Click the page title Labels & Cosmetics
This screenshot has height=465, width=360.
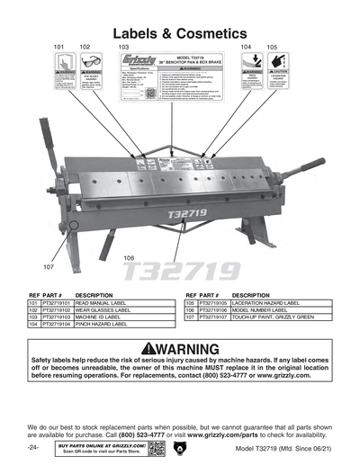(x=180, y=17)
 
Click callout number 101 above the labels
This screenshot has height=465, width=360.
(x=58, y=45)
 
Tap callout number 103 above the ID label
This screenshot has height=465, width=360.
(x=124, y=45)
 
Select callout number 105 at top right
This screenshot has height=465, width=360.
(x=272, y=45)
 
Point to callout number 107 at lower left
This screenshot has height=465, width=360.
(x=49, y=267)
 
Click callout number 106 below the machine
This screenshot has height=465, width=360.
(x=129, y=257)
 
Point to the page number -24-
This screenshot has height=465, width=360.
(x=32, y=447)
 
